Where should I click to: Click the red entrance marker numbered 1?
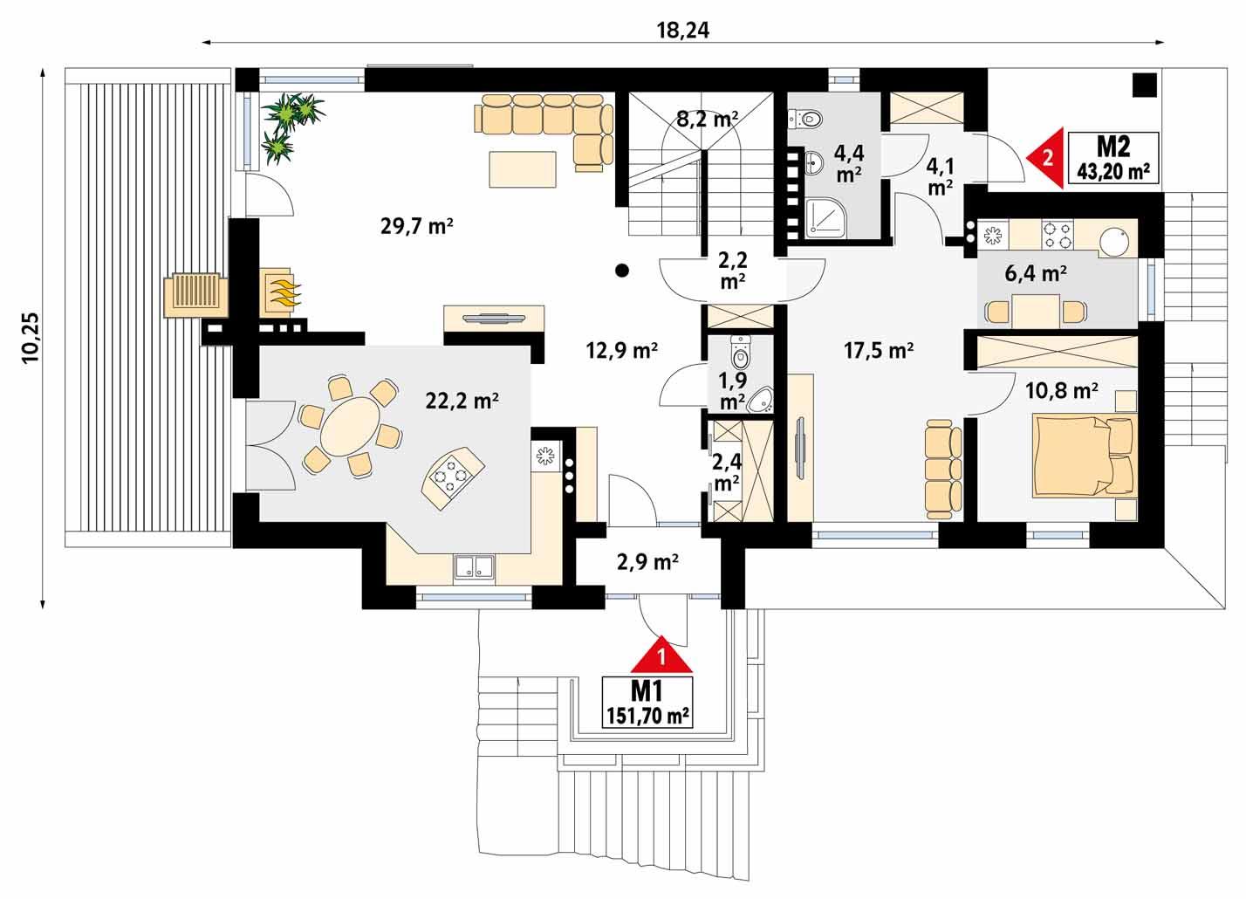662,655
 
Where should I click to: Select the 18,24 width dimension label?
683,30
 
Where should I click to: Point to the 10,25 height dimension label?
31,336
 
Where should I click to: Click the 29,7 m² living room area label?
416,227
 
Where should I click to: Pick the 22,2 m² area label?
462,401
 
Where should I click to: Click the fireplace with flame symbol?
282,291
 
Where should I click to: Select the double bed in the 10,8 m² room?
1083,454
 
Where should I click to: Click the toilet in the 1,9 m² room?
741,352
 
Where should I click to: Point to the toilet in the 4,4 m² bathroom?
804,116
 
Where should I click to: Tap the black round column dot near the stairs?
621,270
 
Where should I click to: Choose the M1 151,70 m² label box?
647,703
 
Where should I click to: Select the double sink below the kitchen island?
473,568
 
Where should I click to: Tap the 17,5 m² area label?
878,351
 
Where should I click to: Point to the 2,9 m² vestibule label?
647,563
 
